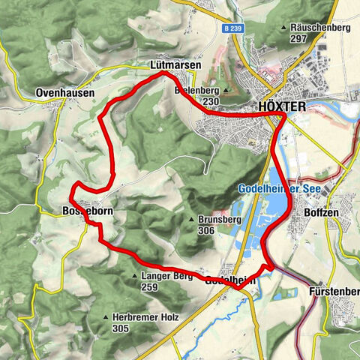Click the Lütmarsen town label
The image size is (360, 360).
[x=175, y=66]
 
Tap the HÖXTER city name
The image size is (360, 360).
[x=282, y=106]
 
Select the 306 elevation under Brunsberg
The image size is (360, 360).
[x=208, y=231]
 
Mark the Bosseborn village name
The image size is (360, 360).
[x=85, y=212]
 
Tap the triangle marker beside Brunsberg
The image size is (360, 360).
[x=193, y=220]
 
